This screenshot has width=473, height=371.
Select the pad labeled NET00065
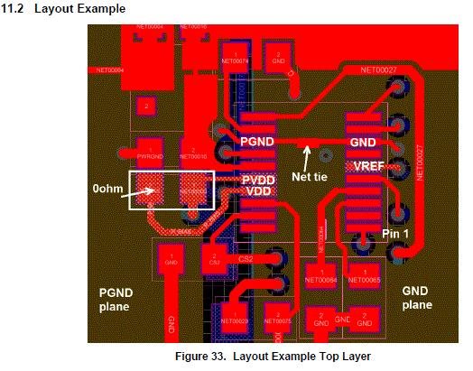(370, 276)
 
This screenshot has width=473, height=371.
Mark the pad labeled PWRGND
(149, 151)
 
